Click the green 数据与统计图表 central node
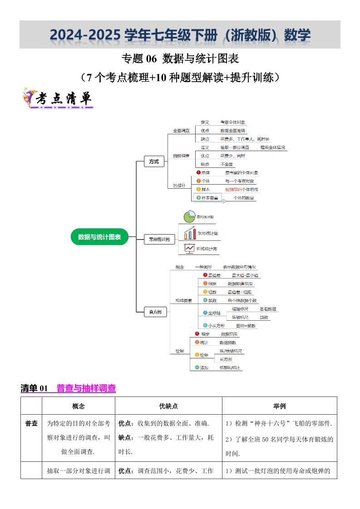99,237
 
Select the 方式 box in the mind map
154,162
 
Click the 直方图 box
155,312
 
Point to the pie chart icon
189,217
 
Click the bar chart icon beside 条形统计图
189,233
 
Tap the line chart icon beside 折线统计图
189,248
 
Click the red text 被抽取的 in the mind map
234,190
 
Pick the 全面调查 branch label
181,131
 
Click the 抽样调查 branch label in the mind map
181,156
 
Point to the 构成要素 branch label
184,300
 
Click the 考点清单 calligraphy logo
57,99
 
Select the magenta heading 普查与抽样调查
86,388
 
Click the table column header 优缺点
168,406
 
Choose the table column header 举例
280,406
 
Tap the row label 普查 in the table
31,423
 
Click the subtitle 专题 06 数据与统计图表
180,59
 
